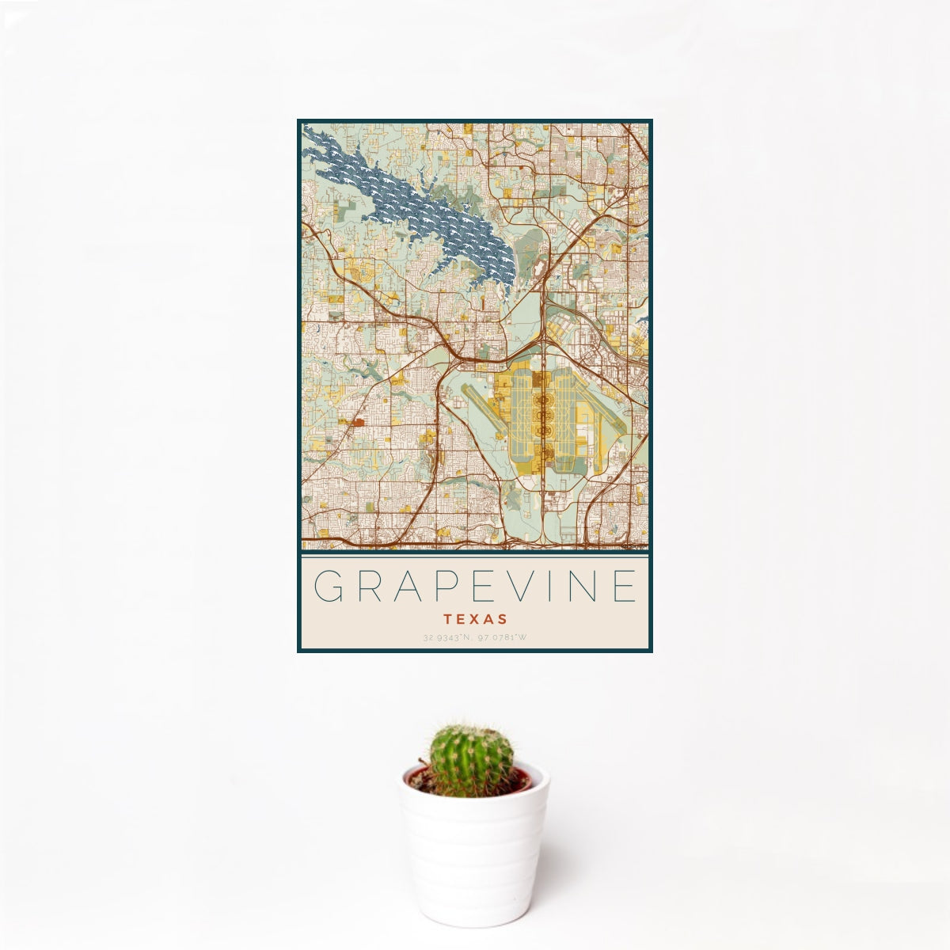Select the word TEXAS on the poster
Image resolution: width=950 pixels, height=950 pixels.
475,618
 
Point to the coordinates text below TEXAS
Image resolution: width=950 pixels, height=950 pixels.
475,636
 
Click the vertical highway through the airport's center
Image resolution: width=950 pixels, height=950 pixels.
544,475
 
